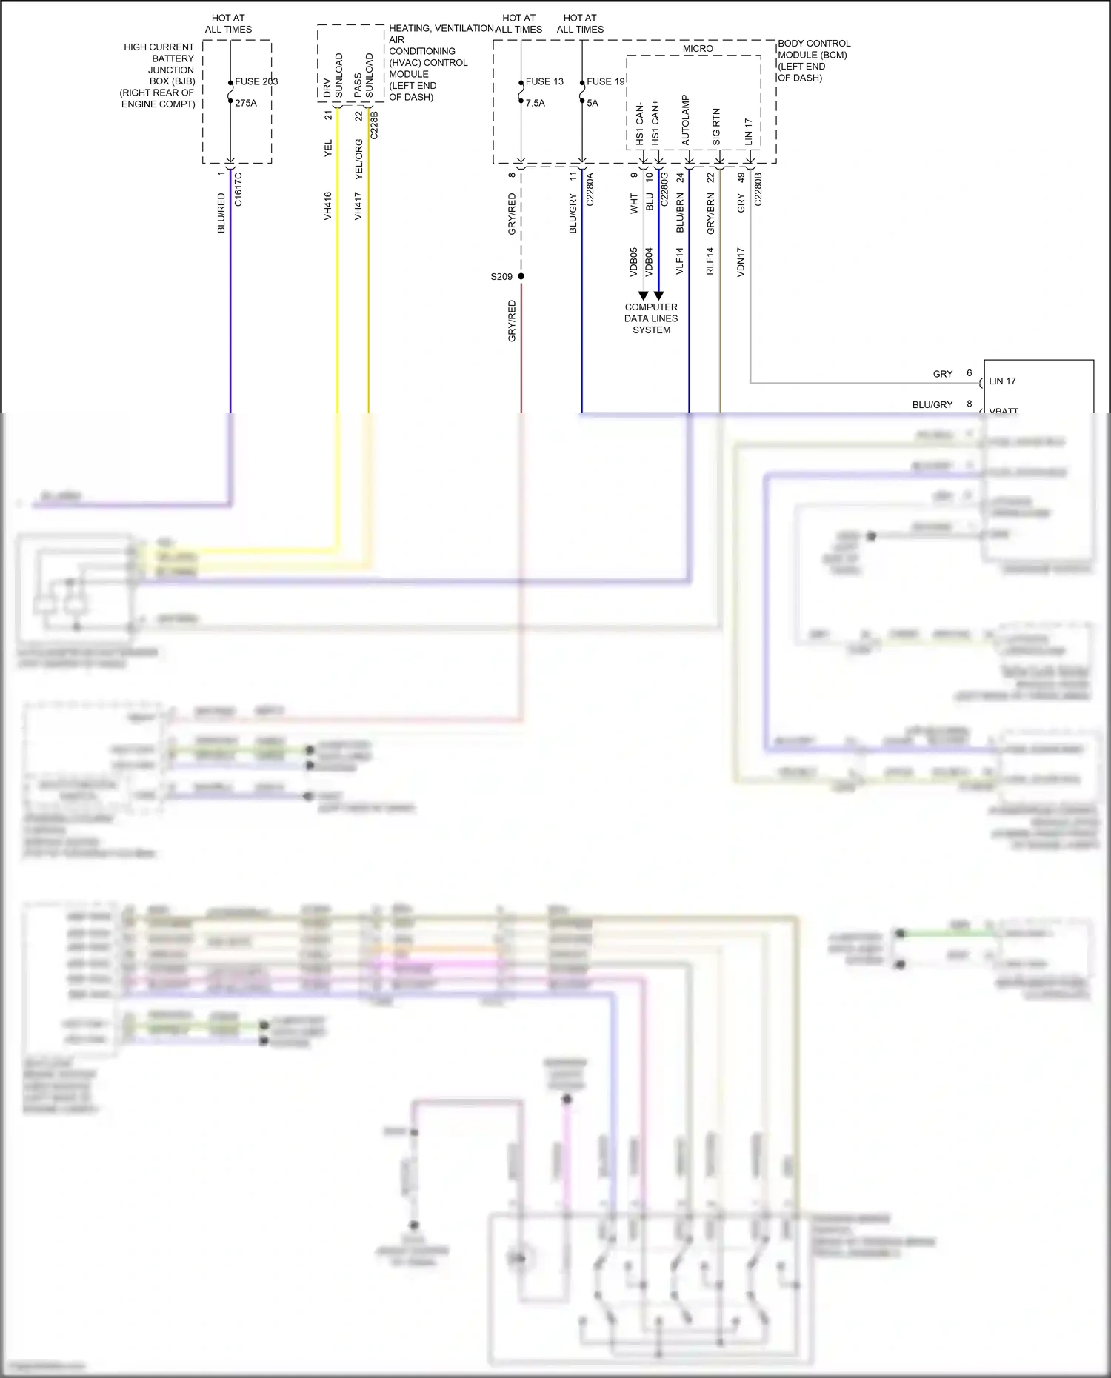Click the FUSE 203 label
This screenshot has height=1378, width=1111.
pyautogui.click(x=256, y=81)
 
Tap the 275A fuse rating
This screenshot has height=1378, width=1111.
pyautogui.click(x=246, y=103)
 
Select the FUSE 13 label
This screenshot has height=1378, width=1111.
pyautogui.click(x=544, y=81)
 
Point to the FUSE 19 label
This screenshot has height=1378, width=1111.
pyautogui.click(x=606, y=81)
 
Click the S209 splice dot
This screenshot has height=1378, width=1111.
pyautogui.click(x=521, y=276)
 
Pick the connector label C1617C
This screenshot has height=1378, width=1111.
pyautogui.click(x=238, y=190)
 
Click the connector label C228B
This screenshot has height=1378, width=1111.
pyautogui.click(x=374, y=125)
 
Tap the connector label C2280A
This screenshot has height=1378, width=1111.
pyautogui.click(x=590, y=190)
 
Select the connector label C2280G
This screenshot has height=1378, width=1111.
pyautogui.click(x=664, y=190)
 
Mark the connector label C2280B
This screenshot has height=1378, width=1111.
pyautogui.click(x=758, y=190)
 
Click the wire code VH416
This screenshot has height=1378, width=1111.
pyautogui.click(x=327, y=206)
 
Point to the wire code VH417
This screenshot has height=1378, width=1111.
pyautogui.click(x=358, y=206)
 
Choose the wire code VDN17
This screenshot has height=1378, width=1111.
pyautogui.click(x=741, y=262)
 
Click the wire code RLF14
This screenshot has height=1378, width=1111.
pyautogui.click(x=710, y=261)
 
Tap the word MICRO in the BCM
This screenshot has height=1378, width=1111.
pyautogui.click(x=698, y=49)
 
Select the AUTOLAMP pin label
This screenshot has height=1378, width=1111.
pyautogui.click(x=686, y=120)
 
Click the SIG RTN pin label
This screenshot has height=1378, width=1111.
pyautogui.click(x=716, y=127)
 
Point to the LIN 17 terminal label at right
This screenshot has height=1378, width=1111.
pyautogui.click(x=1002, y=381)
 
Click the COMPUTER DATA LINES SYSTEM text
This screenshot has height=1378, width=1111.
pyautogui.click(x=651, y=318)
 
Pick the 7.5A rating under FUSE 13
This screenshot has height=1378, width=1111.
pyautogui.click(x=536, y=103)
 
